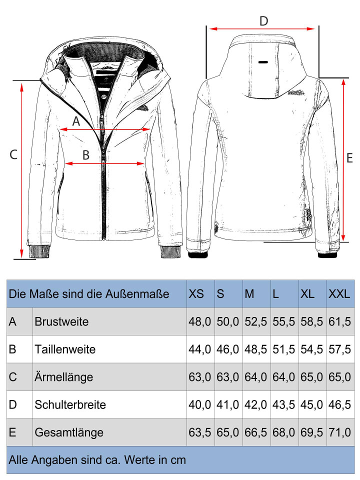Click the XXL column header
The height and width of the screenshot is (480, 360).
[339, 294]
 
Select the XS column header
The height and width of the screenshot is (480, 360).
[196, 294]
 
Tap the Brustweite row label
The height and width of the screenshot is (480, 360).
[61, 321]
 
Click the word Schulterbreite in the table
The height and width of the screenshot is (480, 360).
[70, 404]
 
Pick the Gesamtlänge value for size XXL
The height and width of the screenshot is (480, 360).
[339, 432]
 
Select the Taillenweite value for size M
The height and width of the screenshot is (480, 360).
[255, 349]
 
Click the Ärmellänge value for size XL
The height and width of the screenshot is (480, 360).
[311, 377]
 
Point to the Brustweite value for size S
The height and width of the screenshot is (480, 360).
[228, 321]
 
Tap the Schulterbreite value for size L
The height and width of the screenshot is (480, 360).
[284, 404]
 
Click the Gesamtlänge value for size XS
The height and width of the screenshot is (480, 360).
[199, 432]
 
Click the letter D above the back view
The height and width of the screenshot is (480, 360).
[263, 21]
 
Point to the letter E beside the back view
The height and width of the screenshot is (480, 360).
[349, 158]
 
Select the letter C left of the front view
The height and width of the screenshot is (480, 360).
[13, 154]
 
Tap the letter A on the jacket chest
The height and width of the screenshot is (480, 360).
[76, 121]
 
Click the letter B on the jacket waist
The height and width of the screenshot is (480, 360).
[86, 155]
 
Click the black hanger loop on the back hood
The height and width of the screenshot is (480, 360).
[263, 62]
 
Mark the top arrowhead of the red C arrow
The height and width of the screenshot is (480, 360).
[21, 86]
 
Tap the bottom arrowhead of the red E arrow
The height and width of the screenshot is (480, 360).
[343, 237]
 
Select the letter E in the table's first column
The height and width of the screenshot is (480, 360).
[12, 432]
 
